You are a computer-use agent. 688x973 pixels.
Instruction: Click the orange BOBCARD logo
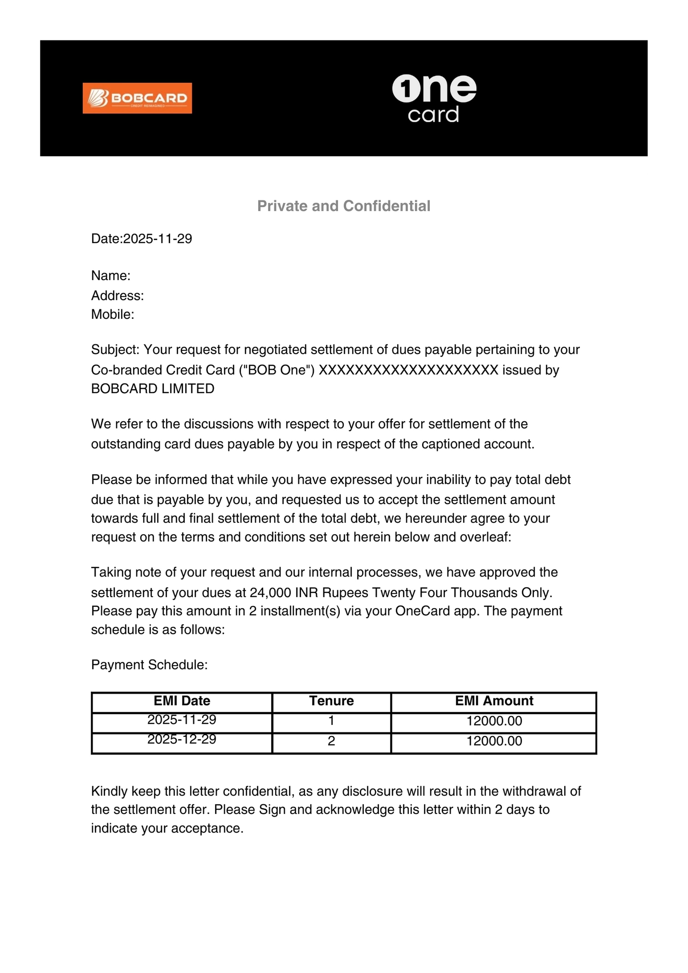click(x=137, y=98)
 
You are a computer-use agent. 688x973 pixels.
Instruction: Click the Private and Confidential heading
click(x=343, y=206)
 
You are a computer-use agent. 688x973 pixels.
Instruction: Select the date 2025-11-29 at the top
click(x=157, y=239)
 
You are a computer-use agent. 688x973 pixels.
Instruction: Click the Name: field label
click(x=111, y=275)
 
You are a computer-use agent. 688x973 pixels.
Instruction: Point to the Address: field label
click(x=117, y=295)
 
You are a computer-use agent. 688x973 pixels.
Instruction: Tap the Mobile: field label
click(x=112, y=314)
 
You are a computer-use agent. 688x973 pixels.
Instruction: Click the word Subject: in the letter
click(x=115, y=349)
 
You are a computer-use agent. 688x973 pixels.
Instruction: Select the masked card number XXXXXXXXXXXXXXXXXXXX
click(x=408, y=370)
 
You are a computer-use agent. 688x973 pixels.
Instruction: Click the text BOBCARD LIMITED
click(x=153, y=389)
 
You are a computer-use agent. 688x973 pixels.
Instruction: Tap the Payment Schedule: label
click(x=149, y=665)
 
